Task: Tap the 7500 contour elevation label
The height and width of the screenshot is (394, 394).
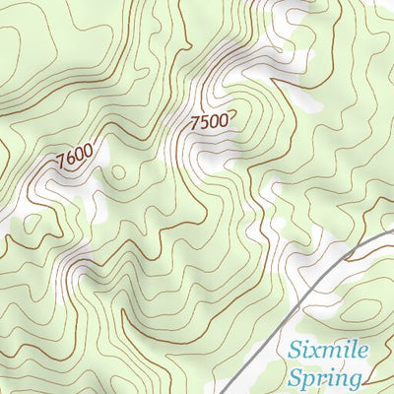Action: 209,122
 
